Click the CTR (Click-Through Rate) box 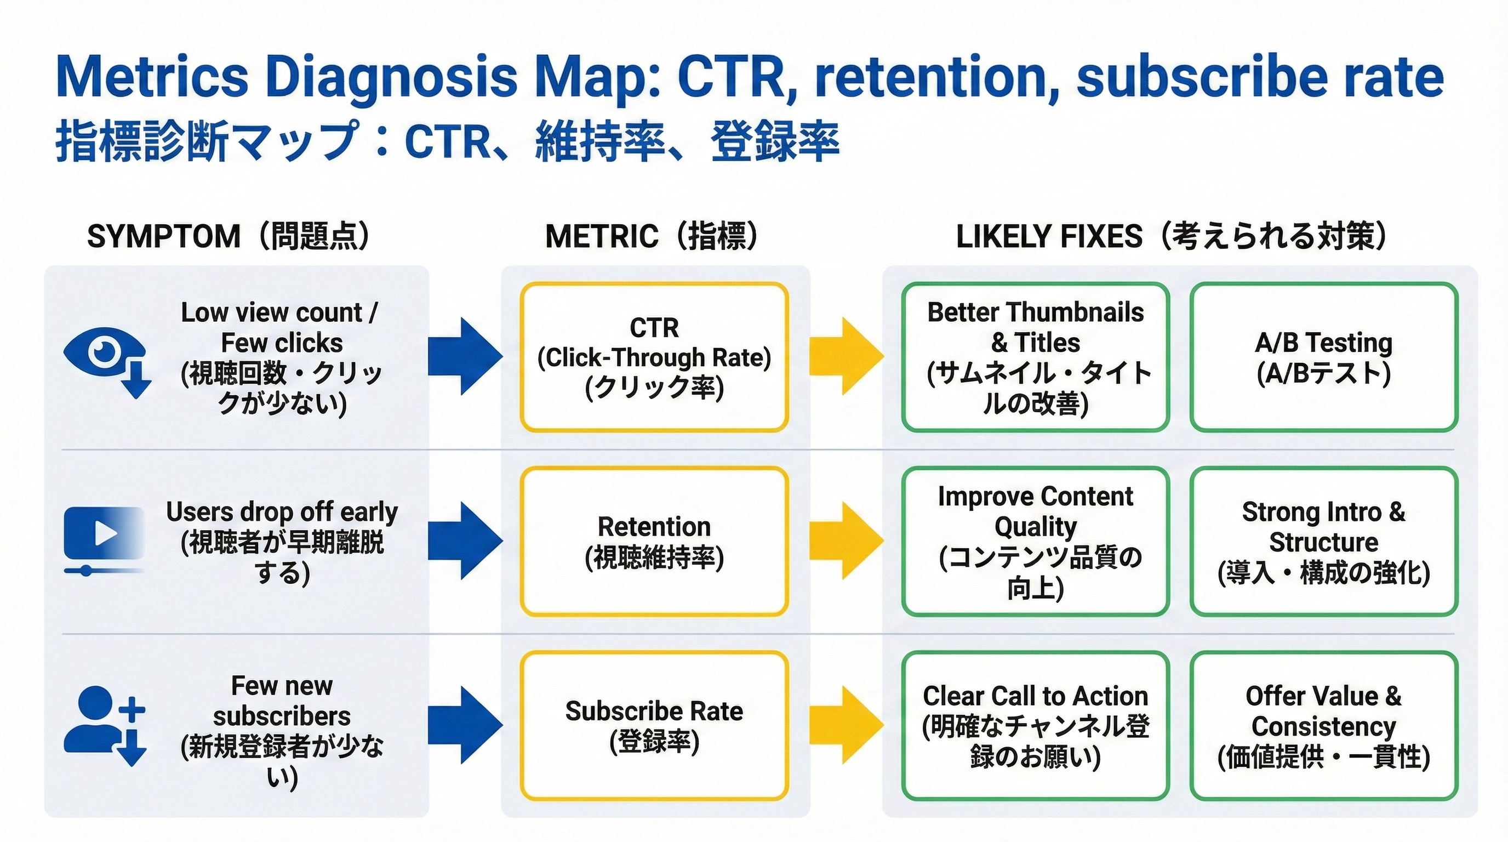654,357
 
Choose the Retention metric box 654,541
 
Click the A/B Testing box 1323,357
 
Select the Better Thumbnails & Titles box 1035,357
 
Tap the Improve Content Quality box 1035,541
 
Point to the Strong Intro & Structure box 1323,541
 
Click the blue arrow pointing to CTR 464,356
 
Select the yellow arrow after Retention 846,540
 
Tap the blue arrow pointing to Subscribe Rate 464,725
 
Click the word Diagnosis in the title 391,77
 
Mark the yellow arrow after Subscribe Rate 846,725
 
